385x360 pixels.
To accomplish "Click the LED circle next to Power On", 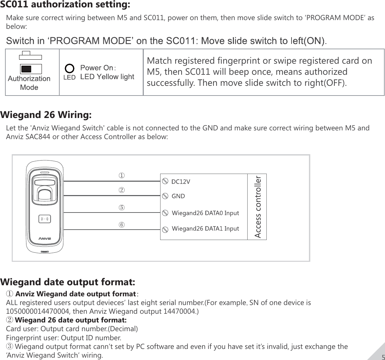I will pos(69,69).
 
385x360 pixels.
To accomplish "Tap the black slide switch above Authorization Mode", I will pos(26,69).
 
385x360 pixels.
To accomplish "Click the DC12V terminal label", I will pos(181,182).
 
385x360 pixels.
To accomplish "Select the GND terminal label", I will pos(178,196).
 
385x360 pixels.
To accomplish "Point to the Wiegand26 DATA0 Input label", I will pos(205,213).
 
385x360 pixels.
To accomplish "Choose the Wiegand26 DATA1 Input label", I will pos(205,229).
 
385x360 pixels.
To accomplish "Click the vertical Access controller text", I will pos(257,207).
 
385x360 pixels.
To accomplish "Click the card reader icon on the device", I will pos(45,219).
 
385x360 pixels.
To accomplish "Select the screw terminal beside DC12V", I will pos(165,181).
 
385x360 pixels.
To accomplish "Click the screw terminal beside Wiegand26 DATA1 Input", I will pos(165,230).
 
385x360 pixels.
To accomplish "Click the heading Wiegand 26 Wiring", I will pos(46,115).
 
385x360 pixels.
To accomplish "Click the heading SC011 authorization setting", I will pos(65,5).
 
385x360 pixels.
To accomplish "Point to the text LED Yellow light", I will pos(107,77).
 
